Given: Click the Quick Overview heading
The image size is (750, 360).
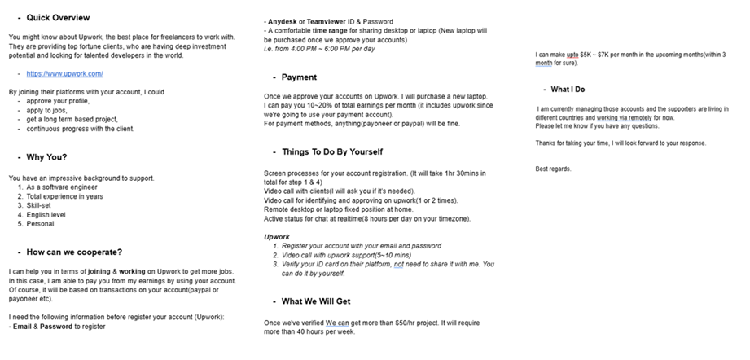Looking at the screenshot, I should (59, 17).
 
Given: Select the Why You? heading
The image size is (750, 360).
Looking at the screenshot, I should (46, 157).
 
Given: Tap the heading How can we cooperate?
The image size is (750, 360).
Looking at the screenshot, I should (74, 252).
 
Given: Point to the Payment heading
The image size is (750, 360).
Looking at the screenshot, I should (299, 77).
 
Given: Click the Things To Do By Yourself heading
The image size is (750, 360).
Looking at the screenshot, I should (331, 151).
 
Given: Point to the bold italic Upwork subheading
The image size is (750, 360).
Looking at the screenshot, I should (278, 236).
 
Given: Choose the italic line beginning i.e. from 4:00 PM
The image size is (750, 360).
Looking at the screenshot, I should (318, 48).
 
